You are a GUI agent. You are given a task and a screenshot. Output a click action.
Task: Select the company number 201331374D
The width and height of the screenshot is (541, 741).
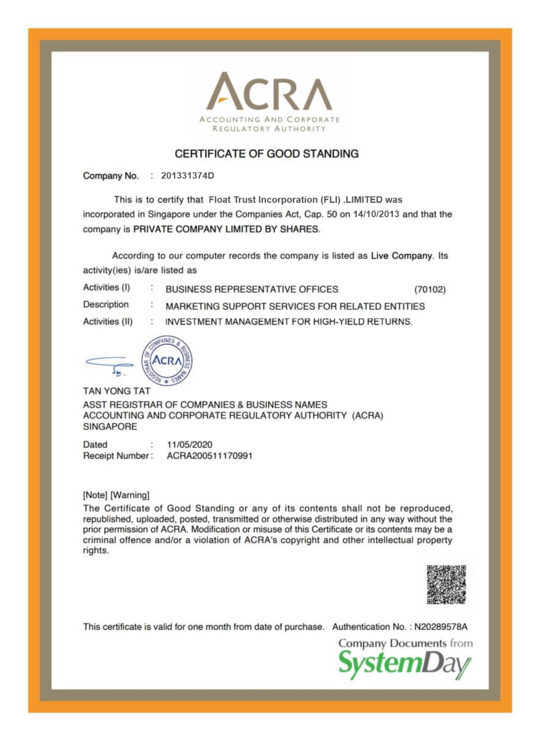(187, 176)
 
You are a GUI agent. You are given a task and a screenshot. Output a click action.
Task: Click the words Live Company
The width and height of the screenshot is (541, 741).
(401, 256)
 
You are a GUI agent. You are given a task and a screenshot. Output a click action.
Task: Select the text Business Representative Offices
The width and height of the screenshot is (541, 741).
(252, 289)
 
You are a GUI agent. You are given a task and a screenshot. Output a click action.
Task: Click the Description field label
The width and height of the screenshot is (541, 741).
(106, 304)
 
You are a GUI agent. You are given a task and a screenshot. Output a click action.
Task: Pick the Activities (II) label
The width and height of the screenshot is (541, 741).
(108, 321)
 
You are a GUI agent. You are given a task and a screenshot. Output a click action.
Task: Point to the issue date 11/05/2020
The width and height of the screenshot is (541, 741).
(190, 445)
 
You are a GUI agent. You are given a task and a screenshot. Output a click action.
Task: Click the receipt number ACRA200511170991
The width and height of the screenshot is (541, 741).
(210, 456)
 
